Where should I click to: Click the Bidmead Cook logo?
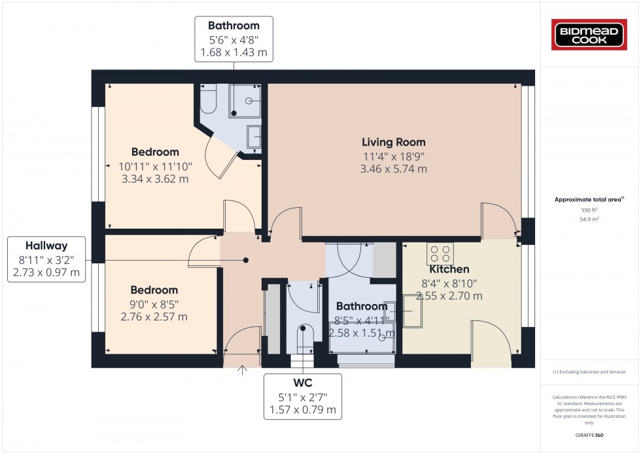(590, 34)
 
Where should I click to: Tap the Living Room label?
(394, 142)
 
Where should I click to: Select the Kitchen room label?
(449, 269)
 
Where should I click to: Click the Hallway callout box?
(47, 259)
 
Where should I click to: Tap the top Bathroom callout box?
(234, 39)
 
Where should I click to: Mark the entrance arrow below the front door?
(243, 371)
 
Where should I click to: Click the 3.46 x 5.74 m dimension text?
(394, 169)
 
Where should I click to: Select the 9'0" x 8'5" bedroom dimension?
(154, 304)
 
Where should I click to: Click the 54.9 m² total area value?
(590, 219)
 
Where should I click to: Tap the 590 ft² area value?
(590, 210)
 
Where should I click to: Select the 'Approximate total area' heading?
(589, 199)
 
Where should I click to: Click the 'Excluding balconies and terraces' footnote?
(590, 371)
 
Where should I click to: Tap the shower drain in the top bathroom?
(249, 101)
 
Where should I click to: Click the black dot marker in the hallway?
(246, 260)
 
